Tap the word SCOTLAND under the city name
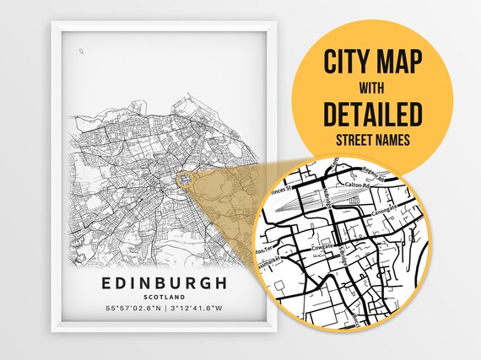165,298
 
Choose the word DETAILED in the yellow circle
372,112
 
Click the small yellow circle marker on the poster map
185,180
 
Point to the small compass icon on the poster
81,51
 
